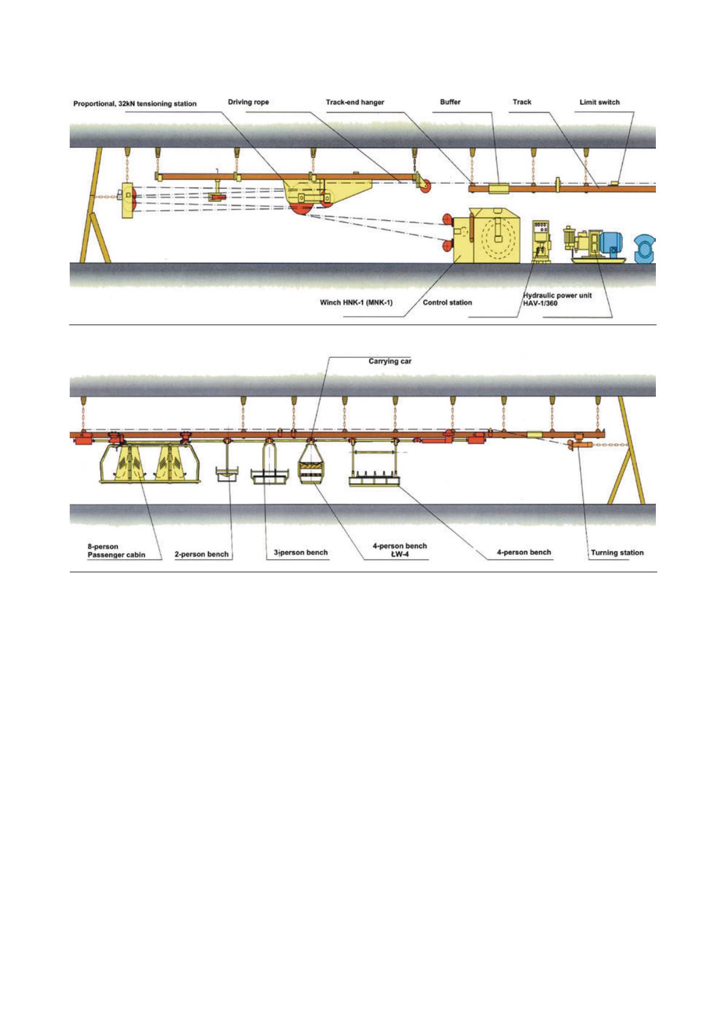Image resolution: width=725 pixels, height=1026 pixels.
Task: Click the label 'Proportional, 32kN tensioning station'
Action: pyautogui.click(x=135, y=104)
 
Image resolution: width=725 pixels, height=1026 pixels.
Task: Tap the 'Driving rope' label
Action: pyautogui.click(x=248, y=102)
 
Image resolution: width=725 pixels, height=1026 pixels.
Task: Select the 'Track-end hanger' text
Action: pyautogui.click(x=355, y=102)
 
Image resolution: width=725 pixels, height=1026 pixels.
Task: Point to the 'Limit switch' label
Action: pyautogui.click(x=600, y=102)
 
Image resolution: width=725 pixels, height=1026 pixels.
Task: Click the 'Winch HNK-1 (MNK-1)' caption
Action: pyautogui.click(x=356, y=303)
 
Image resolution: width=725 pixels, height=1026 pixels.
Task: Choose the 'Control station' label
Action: pyautogui.click(x=447, y=303)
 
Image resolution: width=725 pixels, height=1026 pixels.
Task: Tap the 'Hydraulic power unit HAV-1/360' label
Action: pyautogui.click(x=557, y=299)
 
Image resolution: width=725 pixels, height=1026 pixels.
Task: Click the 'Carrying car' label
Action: pyautogui.click(x=390, y=361)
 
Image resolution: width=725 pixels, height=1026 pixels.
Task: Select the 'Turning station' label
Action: pyautogui.click(x=617, y=552)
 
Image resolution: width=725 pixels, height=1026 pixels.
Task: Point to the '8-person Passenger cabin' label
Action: pyautogui.click(x=116, y=551)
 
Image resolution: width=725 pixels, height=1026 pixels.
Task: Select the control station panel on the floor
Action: pyautogui.click(x=541, y=241)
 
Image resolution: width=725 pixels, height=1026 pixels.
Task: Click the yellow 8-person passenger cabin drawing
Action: pyautogui.click(x=150, y=463)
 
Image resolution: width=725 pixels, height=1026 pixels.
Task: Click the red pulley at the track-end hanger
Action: pyautogui.click(x=424, y=186)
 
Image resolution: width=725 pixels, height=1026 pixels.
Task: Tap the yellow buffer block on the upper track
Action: pyautogui.click(x=498, y=188)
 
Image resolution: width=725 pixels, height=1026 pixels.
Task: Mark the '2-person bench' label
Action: pyautogui.click(x=201, y=554)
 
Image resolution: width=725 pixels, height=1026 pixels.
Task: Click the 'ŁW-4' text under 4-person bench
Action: pyautogui.click(x=399, y=554)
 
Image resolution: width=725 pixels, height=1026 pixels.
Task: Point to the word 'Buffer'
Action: pyautogui.click(x=450, y=102)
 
